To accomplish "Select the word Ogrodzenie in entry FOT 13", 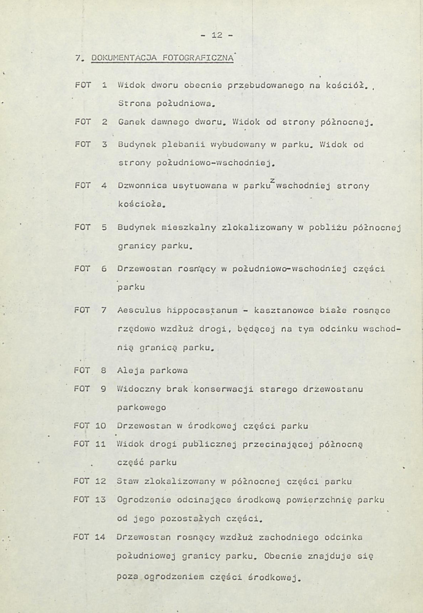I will tap(140, 499).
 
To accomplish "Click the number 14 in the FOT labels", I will tap(100, 537).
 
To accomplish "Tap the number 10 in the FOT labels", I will tap(100, 426).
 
